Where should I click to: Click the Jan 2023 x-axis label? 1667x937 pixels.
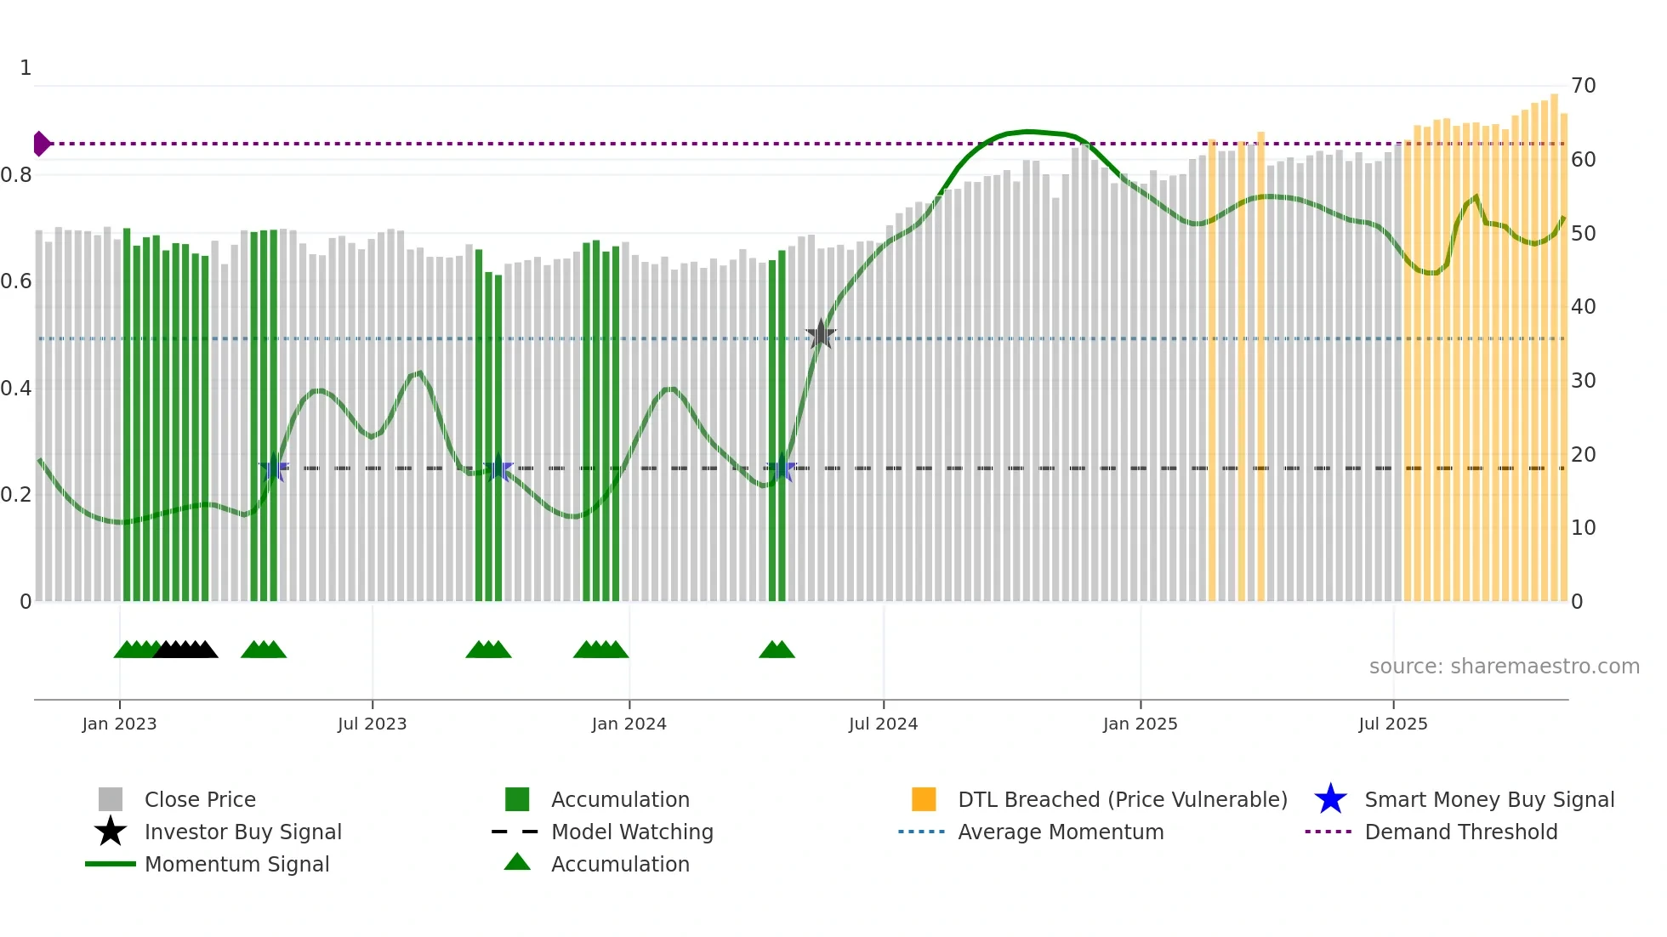point(119,724)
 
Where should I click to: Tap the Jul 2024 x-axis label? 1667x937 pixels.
point(883,724)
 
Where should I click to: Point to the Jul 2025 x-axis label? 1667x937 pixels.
point(1392,724)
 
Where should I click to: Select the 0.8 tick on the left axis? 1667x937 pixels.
point(16,175)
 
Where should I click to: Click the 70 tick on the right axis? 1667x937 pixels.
point(1583,86)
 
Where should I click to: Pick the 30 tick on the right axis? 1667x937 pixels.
point(1583,381)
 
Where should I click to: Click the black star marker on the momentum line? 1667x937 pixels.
point(821,334)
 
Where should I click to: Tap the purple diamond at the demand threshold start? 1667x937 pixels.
point(41,144)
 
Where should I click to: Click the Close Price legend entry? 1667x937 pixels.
point(199,799)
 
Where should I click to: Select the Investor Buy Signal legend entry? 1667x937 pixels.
point(242,832)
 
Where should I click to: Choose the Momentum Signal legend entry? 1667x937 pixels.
point(236,864)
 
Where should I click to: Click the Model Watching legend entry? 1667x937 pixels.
point(631,832)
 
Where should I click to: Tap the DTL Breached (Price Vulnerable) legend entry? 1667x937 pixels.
point(1122,799)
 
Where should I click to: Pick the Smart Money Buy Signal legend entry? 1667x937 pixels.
point(1488,799)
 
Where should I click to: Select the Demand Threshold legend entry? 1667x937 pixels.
point(1460,832)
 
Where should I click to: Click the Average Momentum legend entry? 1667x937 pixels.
point(1060,832)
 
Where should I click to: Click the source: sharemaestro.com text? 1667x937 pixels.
point(1504,666)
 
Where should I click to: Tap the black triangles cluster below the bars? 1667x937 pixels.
point(185,650)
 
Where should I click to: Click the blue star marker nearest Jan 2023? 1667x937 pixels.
point(274,468)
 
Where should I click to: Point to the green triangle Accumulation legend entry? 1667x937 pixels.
point(619,864)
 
